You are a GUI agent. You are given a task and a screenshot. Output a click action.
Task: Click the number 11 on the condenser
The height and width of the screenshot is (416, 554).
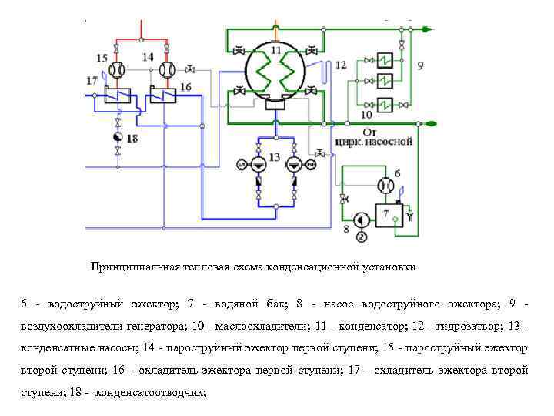(275, 50)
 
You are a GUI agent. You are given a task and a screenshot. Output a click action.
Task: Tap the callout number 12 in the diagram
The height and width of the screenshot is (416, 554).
(341, 65)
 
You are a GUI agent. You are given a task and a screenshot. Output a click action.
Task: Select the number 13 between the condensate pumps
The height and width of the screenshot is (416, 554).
(275, 158)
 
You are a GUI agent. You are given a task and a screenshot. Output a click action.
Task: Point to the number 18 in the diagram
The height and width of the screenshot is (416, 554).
(132, 139)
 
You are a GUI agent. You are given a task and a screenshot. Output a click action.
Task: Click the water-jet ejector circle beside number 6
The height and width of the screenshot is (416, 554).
(385, 186)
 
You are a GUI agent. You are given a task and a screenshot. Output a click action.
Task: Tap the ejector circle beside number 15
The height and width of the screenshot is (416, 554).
(117, 71)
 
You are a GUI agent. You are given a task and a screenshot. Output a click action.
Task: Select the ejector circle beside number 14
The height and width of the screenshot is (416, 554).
(165, 71)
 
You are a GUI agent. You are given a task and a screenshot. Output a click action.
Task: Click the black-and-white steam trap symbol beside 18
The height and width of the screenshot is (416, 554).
(117, 138)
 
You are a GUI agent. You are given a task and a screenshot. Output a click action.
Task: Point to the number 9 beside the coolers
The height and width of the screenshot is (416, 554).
(419, 66)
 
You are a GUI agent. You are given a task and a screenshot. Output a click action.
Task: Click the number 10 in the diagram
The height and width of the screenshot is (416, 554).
(366, 113)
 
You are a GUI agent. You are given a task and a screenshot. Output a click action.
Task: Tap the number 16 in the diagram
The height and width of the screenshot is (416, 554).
(185, 86)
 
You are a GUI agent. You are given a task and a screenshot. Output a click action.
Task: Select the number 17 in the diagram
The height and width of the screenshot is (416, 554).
(92, 80)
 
